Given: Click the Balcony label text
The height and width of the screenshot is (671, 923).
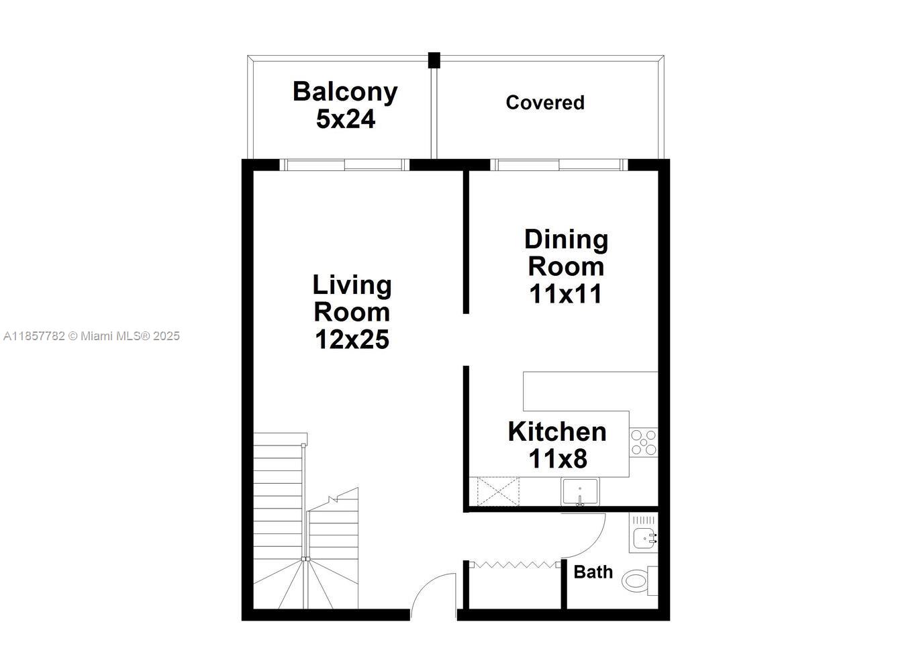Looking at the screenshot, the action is tap(345, 93).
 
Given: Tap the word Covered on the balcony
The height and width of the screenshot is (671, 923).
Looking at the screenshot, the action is tap(544, 103).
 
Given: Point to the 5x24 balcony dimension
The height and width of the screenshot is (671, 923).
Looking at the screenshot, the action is tap(346, 119).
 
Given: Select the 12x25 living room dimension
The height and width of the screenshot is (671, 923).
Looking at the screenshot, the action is tap(352, 340).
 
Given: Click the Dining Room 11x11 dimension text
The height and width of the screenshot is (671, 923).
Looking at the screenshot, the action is tap(565, 294).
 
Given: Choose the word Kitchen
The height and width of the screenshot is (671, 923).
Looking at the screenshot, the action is tap(557, 431).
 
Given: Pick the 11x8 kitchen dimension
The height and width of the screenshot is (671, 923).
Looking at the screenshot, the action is tap(558, 458).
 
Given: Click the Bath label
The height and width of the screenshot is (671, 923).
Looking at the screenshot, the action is tap(593, 572).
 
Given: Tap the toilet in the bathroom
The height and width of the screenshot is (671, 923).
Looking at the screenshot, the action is tap(639, 581).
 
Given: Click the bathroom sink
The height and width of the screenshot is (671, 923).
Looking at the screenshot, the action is tap(644, 537).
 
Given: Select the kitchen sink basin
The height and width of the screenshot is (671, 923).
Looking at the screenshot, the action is tap(580, 492).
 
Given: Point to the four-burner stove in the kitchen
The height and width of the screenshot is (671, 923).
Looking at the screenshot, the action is tap(644, 442).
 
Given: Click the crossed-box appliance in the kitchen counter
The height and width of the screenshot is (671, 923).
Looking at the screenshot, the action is tap(498, 492).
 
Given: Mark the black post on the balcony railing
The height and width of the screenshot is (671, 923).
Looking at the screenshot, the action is tap(434, 60).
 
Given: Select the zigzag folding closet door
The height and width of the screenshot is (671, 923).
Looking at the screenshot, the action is tap(515, 564).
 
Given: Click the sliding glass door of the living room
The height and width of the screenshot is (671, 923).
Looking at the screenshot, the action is tap(344, 165).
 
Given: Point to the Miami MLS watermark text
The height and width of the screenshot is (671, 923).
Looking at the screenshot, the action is tap(91, 336).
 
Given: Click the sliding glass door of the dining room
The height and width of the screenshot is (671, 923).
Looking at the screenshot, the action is tap(558, 165).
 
